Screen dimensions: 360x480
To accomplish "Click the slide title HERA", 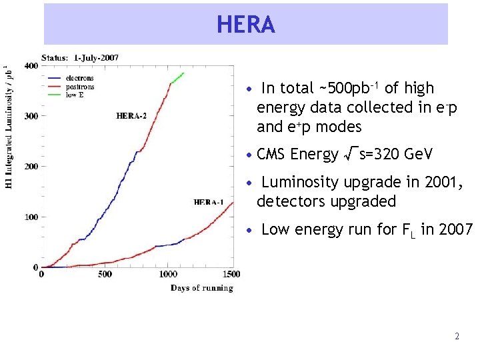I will click(x=245, y=25).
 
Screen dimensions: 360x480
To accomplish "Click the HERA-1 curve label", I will click(x=209, y=202).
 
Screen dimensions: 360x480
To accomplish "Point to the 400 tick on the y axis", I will click(x=31, y=65).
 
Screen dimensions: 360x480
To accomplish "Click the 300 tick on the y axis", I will click(x=31, y=116).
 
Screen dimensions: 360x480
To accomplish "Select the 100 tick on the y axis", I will click(x=31, y=217).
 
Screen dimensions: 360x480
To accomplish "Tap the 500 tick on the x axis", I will click(x=105, y=274).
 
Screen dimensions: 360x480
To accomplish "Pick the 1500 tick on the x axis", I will click(x=232, y=274).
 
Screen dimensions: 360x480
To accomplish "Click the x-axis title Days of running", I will click(x=201, y=288).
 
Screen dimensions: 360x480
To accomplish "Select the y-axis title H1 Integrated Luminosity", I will click(x=8, y=127).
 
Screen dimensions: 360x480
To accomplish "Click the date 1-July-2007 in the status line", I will click(x=96, y=57).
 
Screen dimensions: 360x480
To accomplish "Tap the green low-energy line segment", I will click(x=176, y=79).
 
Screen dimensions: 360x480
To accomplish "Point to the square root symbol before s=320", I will click(x=349, y=155).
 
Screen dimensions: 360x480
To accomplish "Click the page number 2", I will click(x=457, y=337).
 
